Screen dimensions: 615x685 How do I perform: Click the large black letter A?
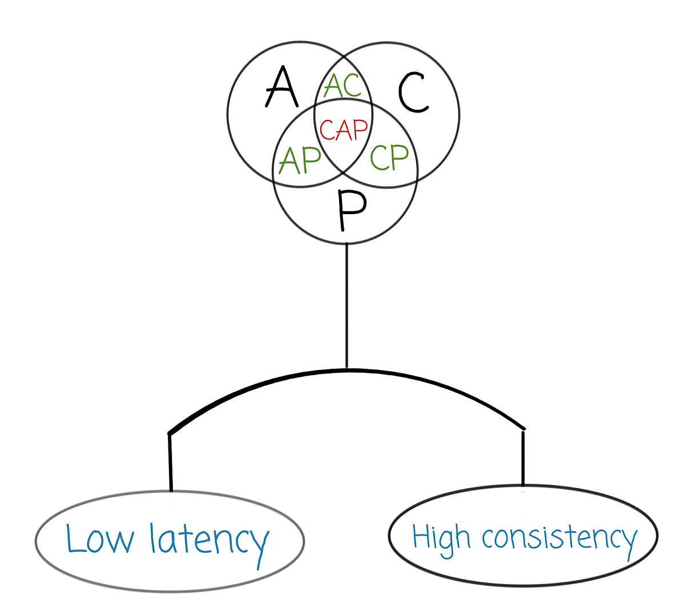coord(281,87)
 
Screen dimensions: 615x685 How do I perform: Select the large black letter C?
coord(413,93)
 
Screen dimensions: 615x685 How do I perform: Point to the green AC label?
coord(342,86)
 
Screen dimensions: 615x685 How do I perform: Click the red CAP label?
coord(344,130)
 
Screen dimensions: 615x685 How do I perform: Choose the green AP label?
coord(299,160)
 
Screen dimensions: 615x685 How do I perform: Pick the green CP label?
coord(389,156)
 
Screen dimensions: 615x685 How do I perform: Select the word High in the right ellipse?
coord(441,538)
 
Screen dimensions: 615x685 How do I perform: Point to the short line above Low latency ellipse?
coord(170,463)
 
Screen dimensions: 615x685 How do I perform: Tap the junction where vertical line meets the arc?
coord(346,369)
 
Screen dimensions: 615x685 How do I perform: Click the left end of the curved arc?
coord(170,432)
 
